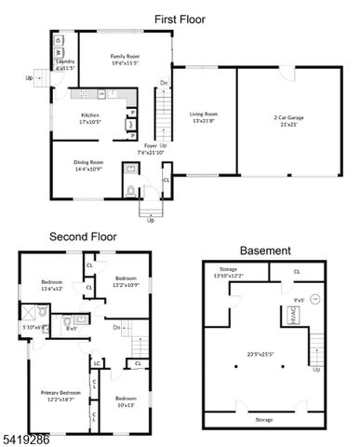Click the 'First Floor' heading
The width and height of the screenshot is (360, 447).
point(179,19)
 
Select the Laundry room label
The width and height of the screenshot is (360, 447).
point(65,65)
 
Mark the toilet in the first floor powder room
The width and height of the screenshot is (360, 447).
point(132,190)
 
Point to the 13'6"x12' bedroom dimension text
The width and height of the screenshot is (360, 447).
point(51,289)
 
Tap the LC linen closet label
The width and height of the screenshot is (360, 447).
point(98,361)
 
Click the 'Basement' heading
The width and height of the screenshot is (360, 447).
point(264,251)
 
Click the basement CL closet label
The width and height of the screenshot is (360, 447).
point(297,272)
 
